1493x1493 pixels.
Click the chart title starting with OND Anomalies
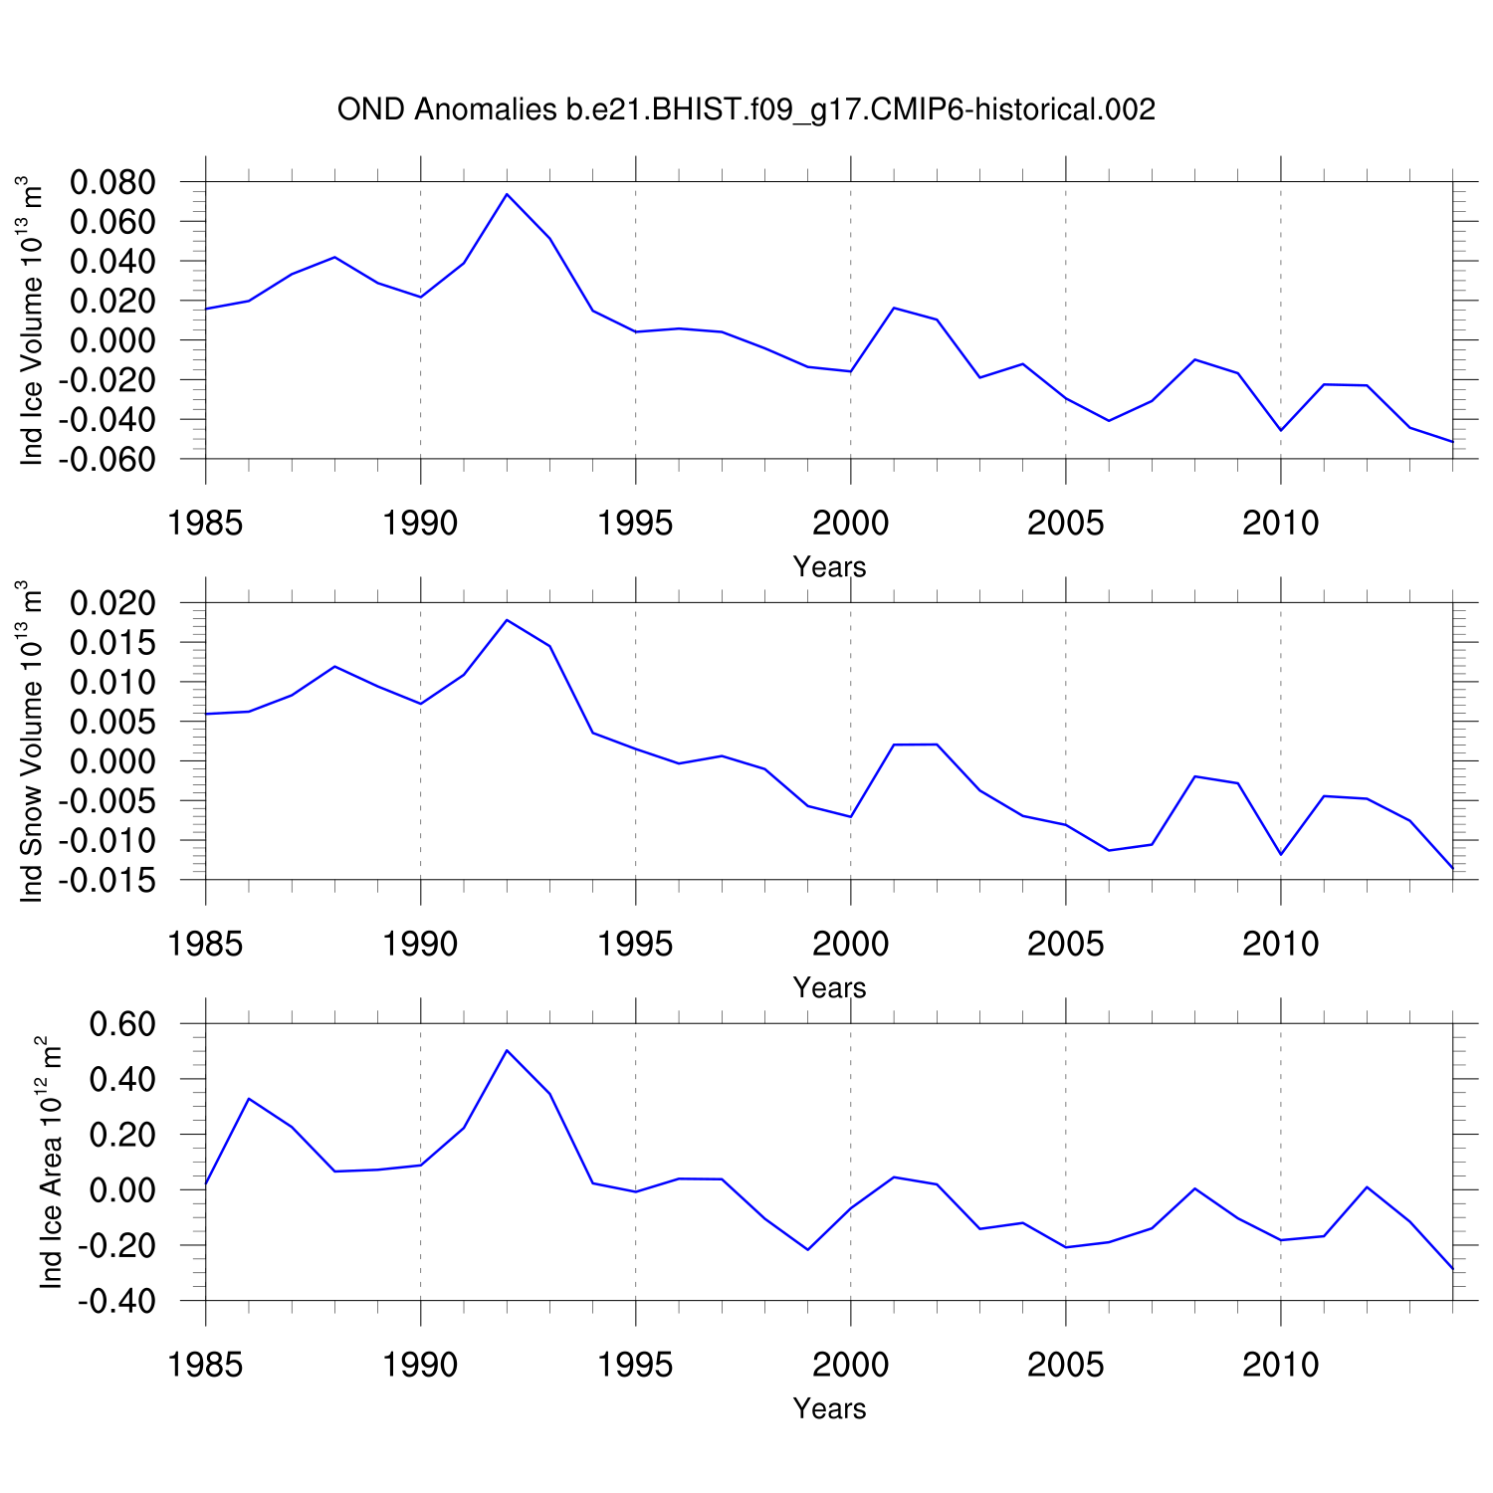coord(746,109)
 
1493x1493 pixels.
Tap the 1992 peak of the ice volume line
coord(507,194)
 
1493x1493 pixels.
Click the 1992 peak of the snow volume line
coord(507,620)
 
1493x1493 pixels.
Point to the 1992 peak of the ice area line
coord(507,1050)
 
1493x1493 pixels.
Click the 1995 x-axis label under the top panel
coord(635,523)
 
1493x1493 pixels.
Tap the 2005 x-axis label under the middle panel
coord(1065,944)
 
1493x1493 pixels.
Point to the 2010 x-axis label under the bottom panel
coord(1280,1365)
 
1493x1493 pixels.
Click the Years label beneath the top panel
coord(829,567)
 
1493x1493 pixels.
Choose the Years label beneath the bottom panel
coord(829,1409)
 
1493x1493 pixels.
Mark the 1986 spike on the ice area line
coord(249,1099)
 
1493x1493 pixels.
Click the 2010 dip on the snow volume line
coord(1280,854)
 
